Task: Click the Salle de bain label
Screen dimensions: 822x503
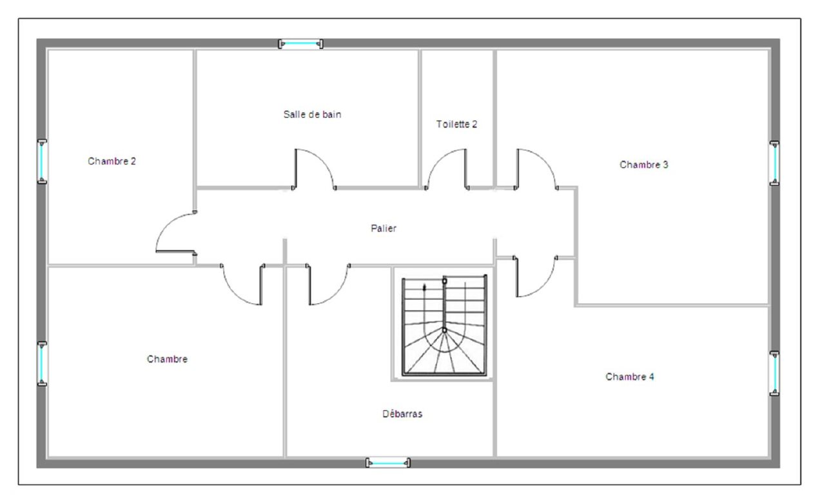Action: tap(312, 115)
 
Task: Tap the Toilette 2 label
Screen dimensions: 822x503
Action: tap(457, 124)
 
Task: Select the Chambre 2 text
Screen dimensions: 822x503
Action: tap(112, 161)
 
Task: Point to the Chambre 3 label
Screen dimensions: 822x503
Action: tap(644, 164)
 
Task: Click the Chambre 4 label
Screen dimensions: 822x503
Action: tap(630, 377)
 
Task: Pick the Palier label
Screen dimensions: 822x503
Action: tap(384, 228)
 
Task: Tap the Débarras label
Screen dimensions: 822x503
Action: tap(402, 414)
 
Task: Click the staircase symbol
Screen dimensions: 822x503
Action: tap(444, 326)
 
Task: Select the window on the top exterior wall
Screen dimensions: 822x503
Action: tap(300, 44)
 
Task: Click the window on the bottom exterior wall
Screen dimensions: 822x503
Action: tap(388, 462)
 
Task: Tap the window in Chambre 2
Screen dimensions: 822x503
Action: tap(42, 162)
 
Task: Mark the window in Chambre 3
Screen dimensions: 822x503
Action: tap(774, 163)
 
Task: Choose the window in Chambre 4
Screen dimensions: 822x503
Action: tap(774, 373)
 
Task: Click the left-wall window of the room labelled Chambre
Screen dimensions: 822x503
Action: tap(42, 364)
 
